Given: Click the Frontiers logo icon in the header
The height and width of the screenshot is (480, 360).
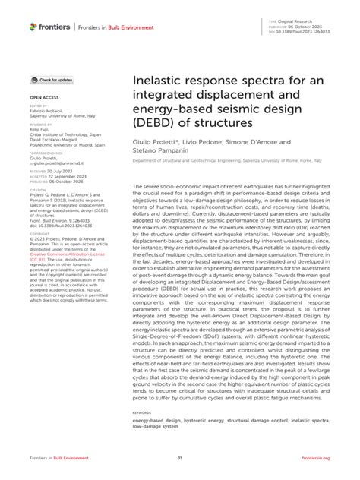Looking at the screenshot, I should pyautogui.click(x=33, y=27).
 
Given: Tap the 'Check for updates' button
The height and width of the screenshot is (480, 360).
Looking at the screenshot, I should pyautogui.click(x=52, y=80).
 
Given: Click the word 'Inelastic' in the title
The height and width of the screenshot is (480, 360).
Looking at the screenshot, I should pyautogui.click(x=159, y=80).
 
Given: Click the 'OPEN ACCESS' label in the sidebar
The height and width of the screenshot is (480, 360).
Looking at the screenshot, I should pyautogui.click(x=45, y=98).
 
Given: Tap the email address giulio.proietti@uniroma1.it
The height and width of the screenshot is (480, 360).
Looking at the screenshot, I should pyautogui.click(x=60, y=163).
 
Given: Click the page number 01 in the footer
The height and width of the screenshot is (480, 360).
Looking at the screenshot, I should pyautogui.click(x=180, y=458).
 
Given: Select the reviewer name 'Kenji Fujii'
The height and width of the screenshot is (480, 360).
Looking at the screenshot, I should pyautogui.click(x=39, y=130).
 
